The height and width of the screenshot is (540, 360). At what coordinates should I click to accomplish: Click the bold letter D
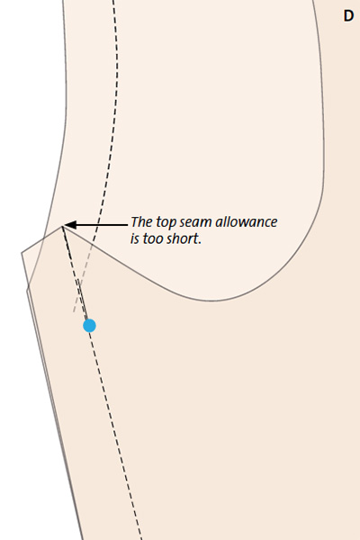pyautogui.click(x=348, y=16)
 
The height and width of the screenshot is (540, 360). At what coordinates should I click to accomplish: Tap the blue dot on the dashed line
pyautogui.click(x=90, y=326)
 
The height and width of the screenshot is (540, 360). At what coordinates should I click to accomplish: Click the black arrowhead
pyautogui.click(x=70, y=225)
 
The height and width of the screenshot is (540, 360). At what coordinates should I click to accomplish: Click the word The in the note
pyautogui.click(x=141, y=221)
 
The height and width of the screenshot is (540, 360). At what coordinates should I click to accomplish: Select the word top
pyautogui.click(x=166, y=223)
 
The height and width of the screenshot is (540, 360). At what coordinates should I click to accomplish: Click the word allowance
pyautogui.click(x=247, y=221)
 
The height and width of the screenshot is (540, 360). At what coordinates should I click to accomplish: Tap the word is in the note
pyautogui.click(x=135, y=238)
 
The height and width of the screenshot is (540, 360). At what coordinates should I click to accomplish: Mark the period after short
pyautogui.click(x=200, y=243)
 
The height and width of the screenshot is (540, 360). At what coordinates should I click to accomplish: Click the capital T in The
pyautogui.click(x=135, y=221)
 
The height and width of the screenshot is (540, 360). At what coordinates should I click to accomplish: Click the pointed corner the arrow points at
pyautogui.click(x=62, y=226)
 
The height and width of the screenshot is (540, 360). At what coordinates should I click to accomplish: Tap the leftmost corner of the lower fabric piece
pyautogui.click(x=22, y=253)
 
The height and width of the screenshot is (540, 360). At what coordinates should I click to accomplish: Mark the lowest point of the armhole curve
pyautogui.click(x=211, y=301)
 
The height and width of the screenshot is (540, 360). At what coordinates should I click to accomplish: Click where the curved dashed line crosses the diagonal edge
pyautogui.click(x=93, y=244)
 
